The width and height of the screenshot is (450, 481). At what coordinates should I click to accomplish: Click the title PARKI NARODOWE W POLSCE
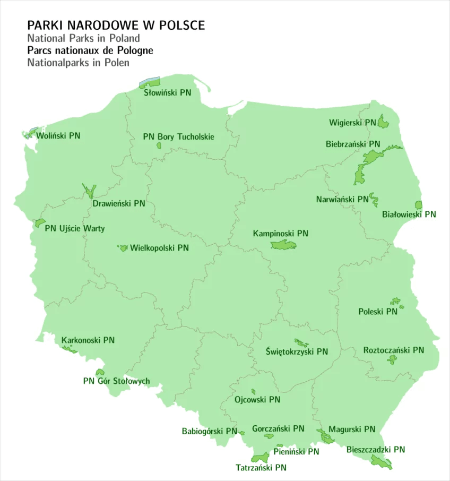click(116, 25)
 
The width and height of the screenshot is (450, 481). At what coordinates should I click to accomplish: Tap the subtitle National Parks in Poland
click(83, 38)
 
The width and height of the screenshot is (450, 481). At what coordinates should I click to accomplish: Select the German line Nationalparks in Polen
click(78, 62)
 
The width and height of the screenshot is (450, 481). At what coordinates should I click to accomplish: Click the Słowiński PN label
click(168, 92)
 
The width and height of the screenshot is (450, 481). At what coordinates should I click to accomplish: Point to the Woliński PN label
click(58, 135)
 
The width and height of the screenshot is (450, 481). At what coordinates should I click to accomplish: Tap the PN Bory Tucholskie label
click(178, 136)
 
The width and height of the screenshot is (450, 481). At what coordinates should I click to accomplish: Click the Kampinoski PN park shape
click(283, 245)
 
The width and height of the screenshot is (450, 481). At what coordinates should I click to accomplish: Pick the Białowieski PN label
click(409, 214)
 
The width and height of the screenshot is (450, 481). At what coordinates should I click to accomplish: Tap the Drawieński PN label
click(118, 203)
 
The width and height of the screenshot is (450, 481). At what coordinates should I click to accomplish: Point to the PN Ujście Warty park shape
click(40, 222)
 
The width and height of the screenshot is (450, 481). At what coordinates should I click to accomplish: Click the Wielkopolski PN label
click(159, 247)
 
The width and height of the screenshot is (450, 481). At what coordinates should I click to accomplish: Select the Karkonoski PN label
click(88, 340)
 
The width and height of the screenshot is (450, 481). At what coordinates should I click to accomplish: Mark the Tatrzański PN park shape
click(260, 457)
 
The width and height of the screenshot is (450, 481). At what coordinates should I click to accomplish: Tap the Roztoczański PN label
click(393, 350)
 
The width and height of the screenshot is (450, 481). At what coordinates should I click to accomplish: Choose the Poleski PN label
click(377, 312)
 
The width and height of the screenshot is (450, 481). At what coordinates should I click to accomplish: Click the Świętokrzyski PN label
click(297, 351)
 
